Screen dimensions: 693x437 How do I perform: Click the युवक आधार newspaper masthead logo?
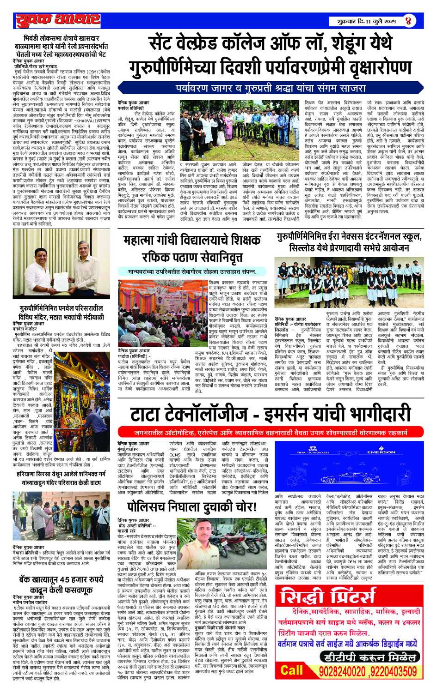(x=58, y=20)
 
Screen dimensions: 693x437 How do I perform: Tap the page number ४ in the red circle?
(x=408, y=21)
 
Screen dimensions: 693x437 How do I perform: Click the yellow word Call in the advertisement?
(x=291, y=670)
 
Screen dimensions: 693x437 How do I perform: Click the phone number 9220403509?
(x=393, y=670)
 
